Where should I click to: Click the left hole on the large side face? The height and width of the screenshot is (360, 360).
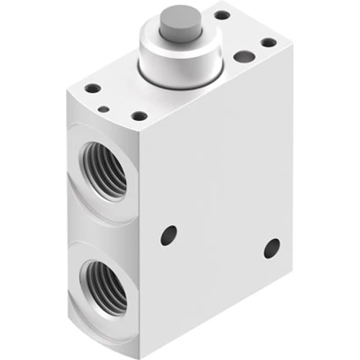[x=168, y=235]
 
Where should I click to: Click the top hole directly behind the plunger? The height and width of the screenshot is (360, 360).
[x=222, y=15]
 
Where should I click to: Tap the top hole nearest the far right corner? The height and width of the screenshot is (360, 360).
[x=269, y=42]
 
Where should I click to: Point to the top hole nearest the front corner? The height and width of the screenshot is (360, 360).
[x=140, y=115]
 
